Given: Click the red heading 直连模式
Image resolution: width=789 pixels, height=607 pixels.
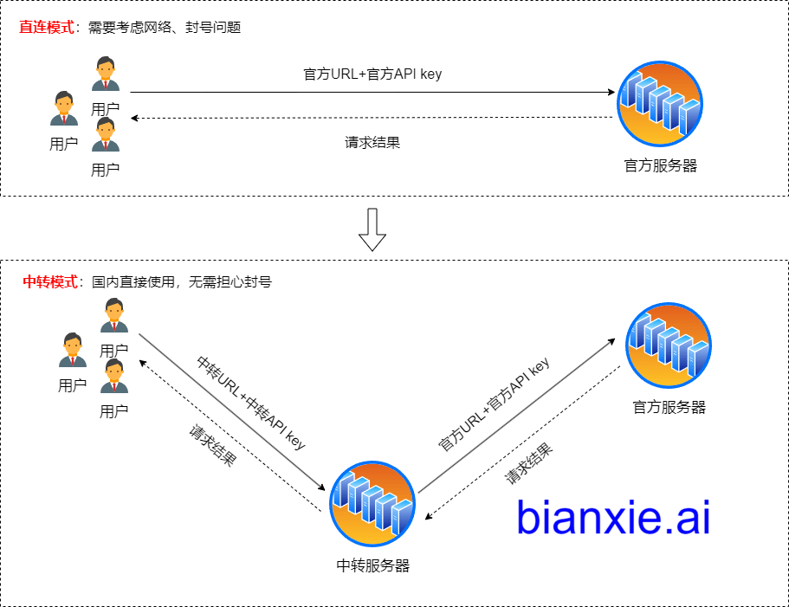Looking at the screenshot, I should (47, 27).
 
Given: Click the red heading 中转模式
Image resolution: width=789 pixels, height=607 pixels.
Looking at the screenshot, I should (49, 281).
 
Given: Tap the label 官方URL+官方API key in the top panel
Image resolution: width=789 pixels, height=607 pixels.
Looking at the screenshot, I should (372, 74).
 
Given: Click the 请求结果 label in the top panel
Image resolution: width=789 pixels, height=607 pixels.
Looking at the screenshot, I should (372, 143).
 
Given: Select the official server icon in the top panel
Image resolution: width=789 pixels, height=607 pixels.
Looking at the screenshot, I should (660, 103).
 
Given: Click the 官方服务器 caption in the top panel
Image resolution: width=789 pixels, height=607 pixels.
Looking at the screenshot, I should (661, 165).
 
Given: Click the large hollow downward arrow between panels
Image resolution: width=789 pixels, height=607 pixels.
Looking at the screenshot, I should (372, 229).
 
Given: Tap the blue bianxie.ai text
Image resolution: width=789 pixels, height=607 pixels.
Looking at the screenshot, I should (613, 517).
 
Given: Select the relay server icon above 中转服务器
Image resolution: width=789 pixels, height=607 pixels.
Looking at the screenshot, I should (372, 503).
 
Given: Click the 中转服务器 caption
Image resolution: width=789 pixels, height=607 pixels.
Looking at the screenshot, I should (372, 566).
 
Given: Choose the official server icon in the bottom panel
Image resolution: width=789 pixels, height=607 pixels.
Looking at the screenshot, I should (669, 345).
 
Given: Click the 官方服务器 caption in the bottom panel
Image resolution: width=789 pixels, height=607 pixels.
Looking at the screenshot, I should (669, 407).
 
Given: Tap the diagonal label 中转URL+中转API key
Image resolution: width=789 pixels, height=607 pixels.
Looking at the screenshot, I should (251, 402).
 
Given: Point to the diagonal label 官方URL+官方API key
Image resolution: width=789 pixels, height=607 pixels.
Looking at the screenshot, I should (495, 404).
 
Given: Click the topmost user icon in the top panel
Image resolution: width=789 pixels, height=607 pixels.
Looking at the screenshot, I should (106, 74).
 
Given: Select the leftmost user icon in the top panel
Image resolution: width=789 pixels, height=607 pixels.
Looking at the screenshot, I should (63, 109).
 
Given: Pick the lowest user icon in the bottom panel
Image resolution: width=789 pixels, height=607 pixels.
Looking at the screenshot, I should (114, 377).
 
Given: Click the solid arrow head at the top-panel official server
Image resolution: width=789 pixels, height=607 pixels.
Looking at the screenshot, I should (611, 92).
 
